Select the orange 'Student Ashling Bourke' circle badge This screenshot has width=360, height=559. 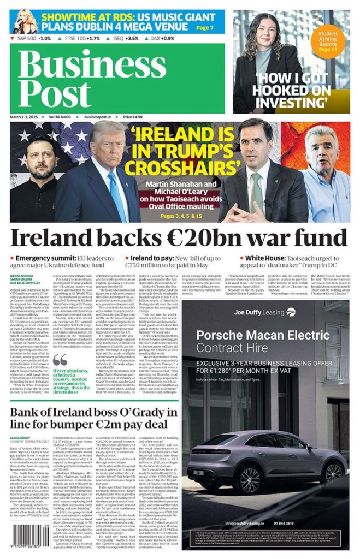[328, 41]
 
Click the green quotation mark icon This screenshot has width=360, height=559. [60, 359]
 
